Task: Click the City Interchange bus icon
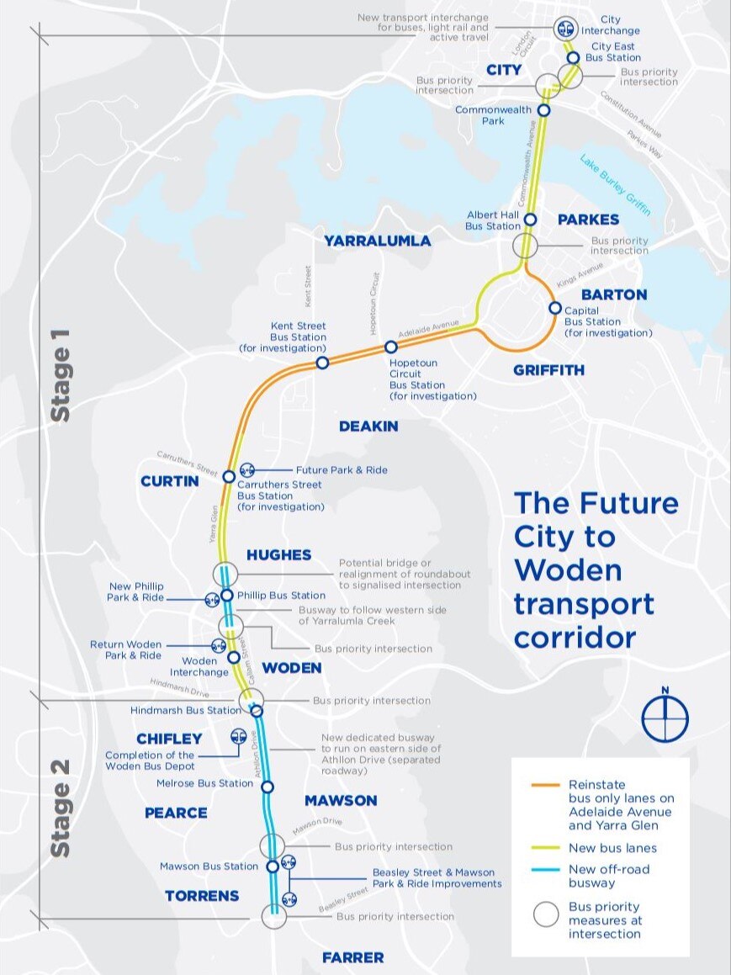pyautogui.click(x=565, y=29)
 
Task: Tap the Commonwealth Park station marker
pyautogui.click(x=544, y=110)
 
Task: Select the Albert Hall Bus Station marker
pyautogui.click(x=530, y=220)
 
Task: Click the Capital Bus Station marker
pyautogui.click(x=555, y=308)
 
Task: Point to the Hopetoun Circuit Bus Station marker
pyautogui.click(x=391, y=347)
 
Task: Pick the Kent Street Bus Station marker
pyautogui.click(x=322, y=363)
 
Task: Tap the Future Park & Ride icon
pyautogui.click(x=247, y=470)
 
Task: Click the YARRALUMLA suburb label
pyautogui.click(x=378, y=241)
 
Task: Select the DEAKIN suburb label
pyautogui.click(x=368, y=427)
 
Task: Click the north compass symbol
pyautogui.click(x=665, y=716)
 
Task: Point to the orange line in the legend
pyautogui.click(x=546, y=785)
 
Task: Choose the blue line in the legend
pyautogui.click(x=546, y=870)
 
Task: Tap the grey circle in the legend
pyautogui.click(x=546, y=914)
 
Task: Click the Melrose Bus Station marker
pyautogui.click(x=268, y=787)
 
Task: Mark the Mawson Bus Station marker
pyautogui.click(x=273, y=866)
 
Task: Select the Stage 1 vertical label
pyautogui.click(x=61, y=374)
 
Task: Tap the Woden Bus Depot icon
pyautogui.click(x=238, y=737)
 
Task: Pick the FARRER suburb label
pyautogui.click(x=353, y=957)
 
